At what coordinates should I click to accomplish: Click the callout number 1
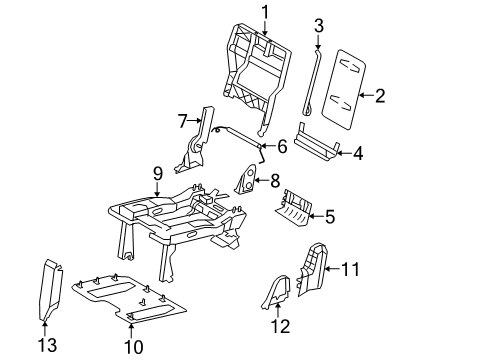tap(265, 11)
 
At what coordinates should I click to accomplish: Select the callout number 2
tap(379, 96)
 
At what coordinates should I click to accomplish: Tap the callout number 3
tap(319, 24)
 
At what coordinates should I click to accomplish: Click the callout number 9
tap(157, 173)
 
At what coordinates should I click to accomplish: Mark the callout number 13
tap(44, 345)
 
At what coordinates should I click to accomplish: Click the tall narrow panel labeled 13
tap(49, 290)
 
